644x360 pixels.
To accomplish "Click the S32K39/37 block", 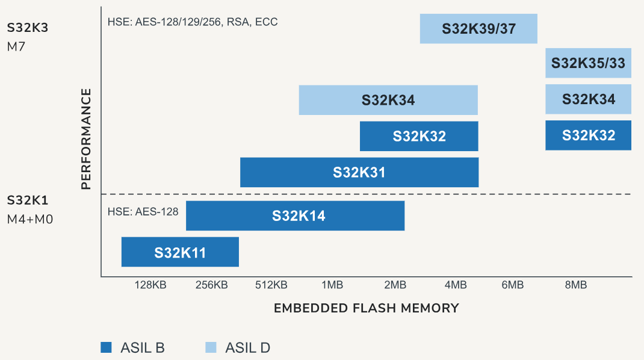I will click(478, 28).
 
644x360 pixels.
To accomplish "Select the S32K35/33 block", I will click(588, 63).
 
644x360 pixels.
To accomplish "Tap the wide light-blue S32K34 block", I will click(388, 100).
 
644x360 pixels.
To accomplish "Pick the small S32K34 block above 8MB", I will click(588, 99).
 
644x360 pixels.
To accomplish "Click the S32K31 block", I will click(359, 172).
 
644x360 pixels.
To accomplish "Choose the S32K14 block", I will click(295, 216).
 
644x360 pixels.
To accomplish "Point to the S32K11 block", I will click(180, 252).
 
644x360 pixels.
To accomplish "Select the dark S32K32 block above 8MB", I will click(588, 135).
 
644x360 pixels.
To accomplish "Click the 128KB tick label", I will click(150, 285).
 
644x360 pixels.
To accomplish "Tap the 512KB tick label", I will click(271, 285).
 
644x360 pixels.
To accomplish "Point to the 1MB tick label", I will click(333, 285).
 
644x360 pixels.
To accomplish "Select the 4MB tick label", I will click(456, 285).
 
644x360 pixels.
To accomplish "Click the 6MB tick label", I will click(512, 285).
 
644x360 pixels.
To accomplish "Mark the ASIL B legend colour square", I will click(107, 347).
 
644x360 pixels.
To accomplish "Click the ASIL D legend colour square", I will click(211, 347).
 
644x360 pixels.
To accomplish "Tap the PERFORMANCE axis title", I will click(86, 139).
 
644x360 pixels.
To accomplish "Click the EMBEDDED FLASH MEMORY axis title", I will click(366, 308).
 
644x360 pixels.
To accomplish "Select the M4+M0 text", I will click(29, 219).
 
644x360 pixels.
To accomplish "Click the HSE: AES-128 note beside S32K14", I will click(143, 211).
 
